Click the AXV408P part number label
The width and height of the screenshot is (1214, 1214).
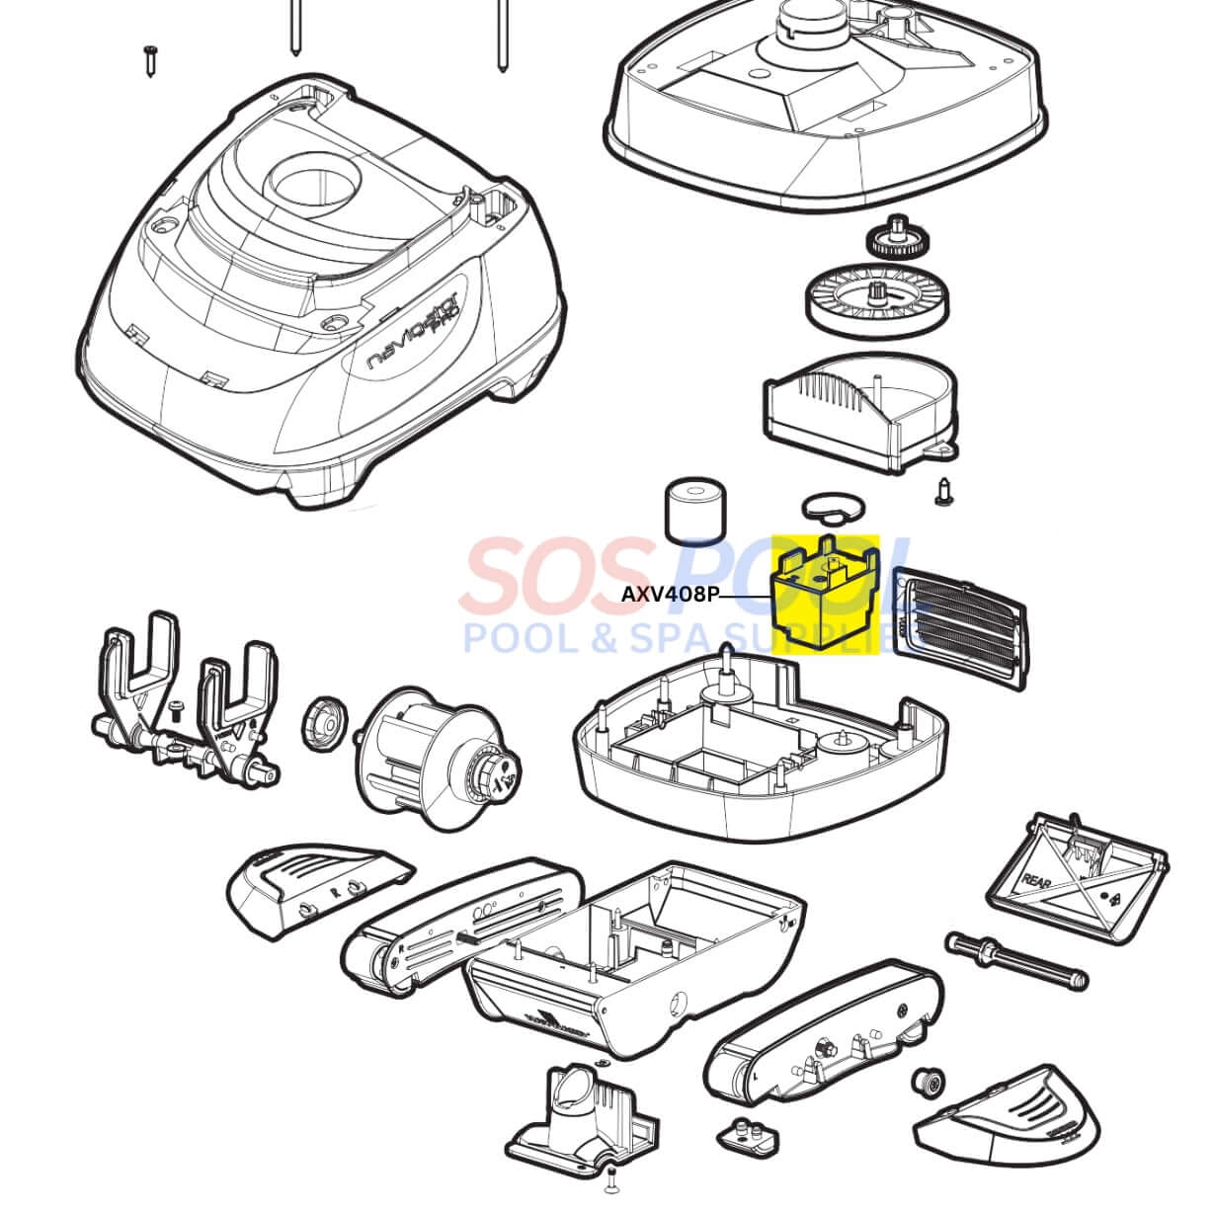669,595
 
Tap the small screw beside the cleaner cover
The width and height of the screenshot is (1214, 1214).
150,60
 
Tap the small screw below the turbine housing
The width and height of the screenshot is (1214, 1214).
943,491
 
